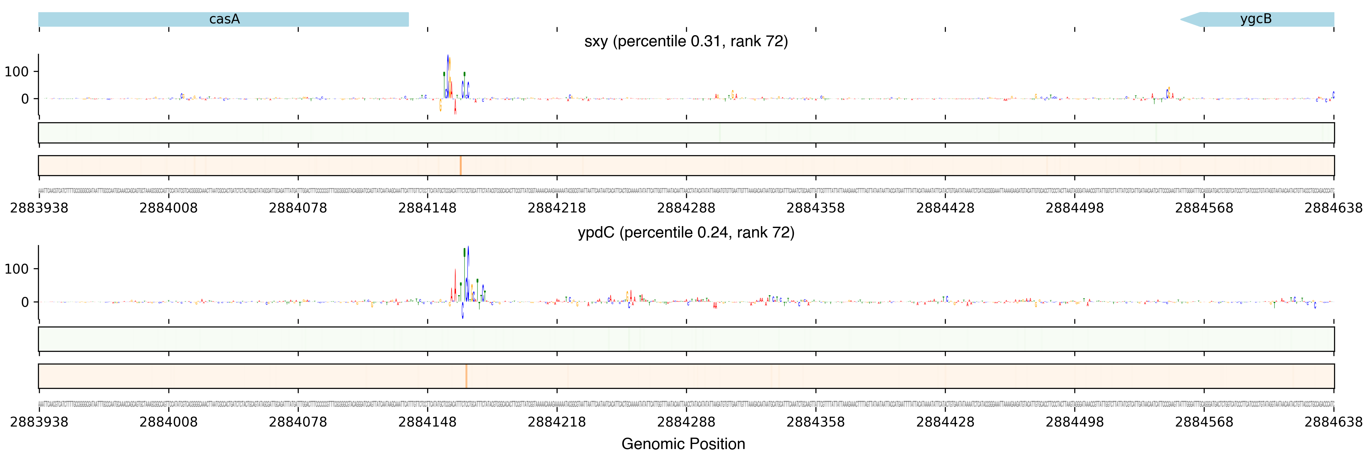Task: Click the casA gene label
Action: pyautogui.click(x=224, y=19)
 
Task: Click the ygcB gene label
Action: pyautogui.click(x=1256, y=19)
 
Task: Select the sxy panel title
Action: pyautogui.click(x=686, y=41)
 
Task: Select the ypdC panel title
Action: pyautogui.click(x=686, y=232)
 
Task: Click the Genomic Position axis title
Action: pyautogui.click(x=683, y=444)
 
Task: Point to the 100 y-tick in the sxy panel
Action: pyautogui.click(x=16, y=72)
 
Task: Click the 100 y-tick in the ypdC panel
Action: pyautogui.click(x=16, y=269)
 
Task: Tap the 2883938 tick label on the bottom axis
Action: pyautogui.click(x=39, y=422)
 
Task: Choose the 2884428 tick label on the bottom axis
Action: pyautogui.click(x=945, y=422)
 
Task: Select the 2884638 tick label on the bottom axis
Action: pyautogui.click(x=1333, y=422)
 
